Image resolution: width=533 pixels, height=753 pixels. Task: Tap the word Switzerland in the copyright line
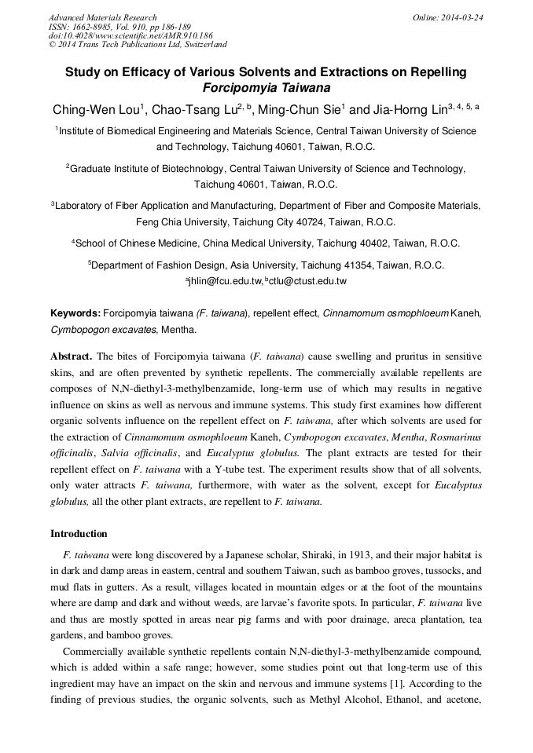coord(200,46)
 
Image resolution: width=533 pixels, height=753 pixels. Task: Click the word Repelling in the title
coord(435,72)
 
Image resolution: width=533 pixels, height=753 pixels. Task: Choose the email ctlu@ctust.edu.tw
coord(308,280)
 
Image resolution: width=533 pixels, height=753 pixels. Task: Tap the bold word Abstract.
coord(72,355)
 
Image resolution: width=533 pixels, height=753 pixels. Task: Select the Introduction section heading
coord(79,534)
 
